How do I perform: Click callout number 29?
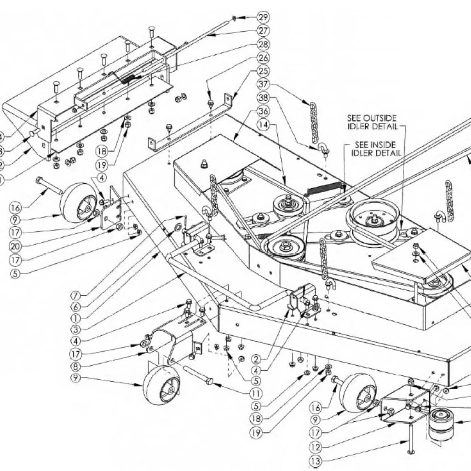[263, 17]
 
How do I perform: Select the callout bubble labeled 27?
[263, 31]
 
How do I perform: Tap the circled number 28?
[263, 45]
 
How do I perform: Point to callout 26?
[263, 58]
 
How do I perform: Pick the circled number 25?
[263, 72]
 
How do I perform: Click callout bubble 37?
[263, 85]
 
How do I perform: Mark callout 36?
[263, 112]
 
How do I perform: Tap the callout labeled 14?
[263, 125]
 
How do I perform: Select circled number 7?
[77, 294]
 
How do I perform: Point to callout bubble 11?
[256, 394]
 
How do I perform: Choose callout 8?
[77, 367]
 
